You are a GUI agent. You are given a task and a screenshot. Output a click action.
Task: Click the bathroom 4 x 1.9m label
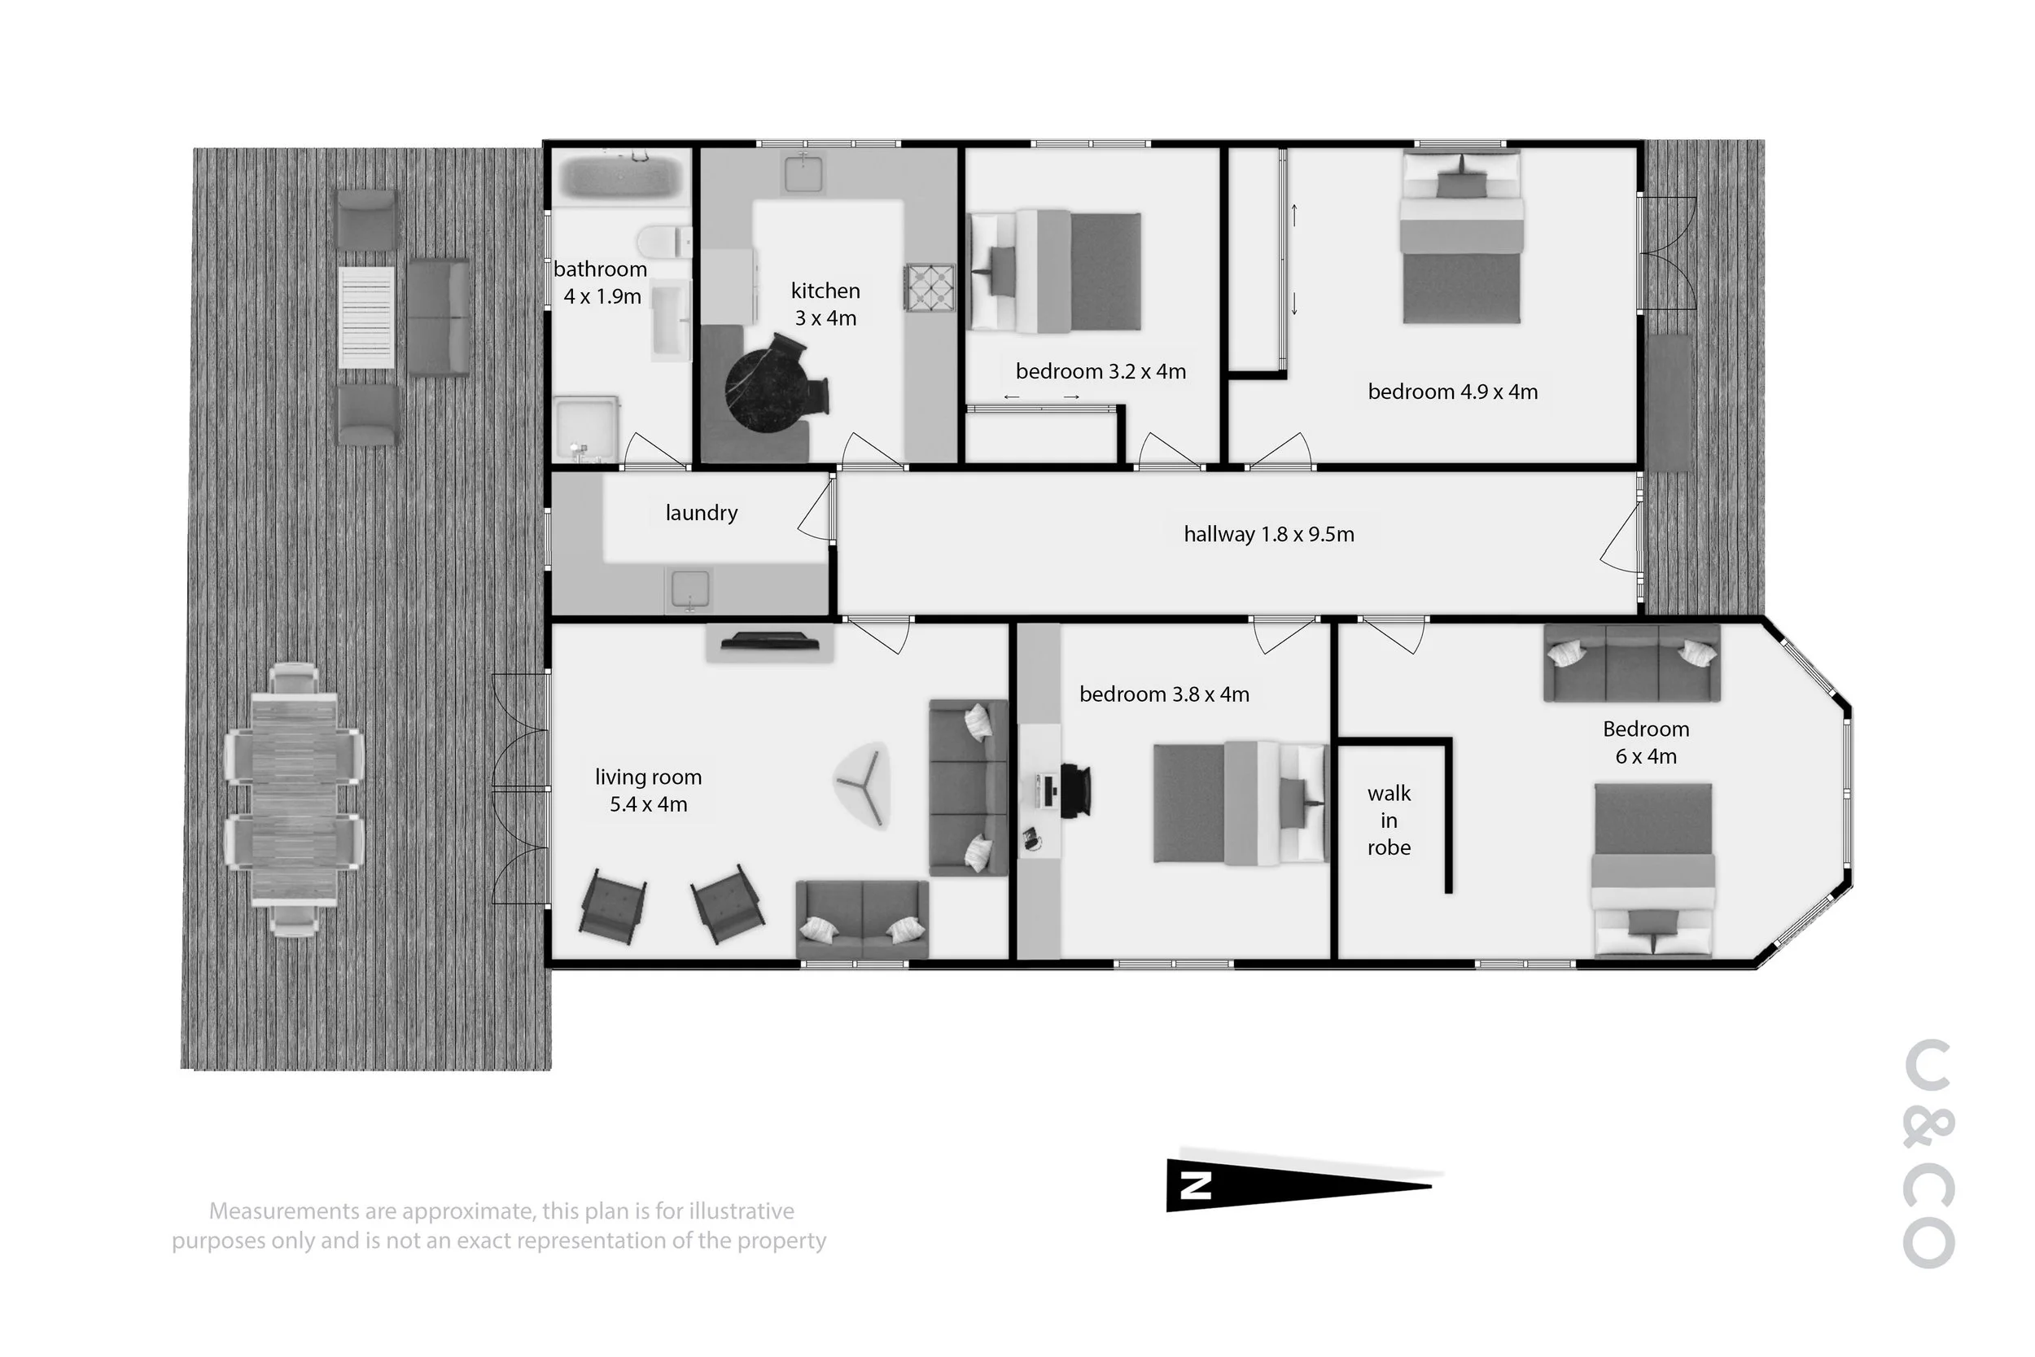pyautogui.click(x=602, y=282)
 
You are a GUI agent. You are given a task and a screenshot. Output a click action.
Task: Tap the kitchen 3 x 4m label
pyautogui.click(x=825, y=304)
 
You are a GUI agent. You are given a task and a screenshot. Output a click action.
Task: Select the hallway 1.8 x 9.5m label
pyautogui.click(x=1268, y=534)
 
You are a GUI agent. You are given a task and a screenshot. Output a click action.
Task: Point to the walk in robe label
pyautogui.click(x=1389, y=820)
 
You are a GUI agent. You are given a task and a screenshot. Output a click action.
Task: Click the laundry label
pyautogui.click(x=701, y=512)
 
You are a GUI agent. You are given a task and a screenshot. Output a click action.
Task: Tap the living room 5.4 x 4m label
pyautogui.click(x=648, y=790)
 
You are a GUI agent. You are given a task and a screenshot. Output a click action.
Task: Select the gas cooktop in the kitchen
pyautogui.click(x=930, y=287)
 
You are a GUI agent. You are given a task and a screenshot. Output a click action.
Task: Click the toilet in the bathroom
pyautogui.click(x=664, y=242)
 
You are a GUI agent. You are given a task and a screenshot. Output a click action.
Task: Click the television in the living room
pyautogui.click(x=770, y=641)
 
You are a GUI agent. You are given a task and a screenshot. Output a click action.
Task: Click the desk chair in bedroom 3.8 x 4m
pyautogui.click(x=1075, y=790)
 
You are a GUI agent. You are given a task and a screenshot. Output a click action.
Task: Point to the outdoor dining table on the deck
pyautogui.click(x=294, y=800)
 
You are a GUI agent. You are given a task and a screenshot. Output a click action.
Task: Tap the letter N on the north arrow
pyautogui.click(x=1196, y=1184)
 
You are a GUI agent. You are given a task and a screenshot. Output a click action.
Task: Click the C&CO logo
pyautogui.click(x=1929, y=1153)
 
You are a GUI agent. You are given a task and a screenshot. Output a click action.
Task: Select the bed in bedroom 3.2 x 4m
pyautogui.click(x=1055, y=271)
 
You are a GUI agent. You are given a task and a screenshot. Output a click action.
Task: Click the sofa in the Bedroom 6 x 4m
pyautogui.click(x=1632, y=662)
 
